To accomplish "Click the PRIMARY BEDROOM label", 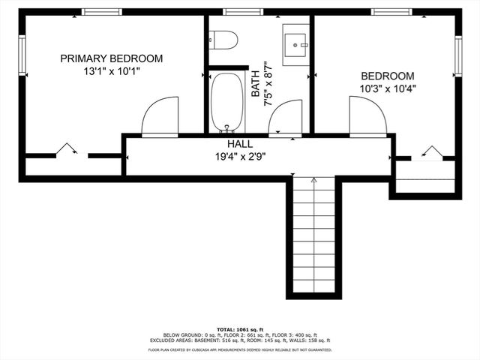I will point(111,58).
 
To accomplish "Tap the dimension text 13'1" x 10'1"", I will point(111,73).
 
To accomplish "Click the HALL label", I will point(240,144).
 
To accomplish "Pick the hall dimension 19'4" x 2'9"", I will point(240,157).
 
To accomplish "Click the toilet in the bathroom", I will point(223,39).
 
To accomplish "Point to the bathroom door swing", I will point(285,120).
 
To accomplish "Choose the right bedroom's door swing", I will point(367,117).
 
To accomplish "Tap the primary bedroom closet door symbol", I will point(69,150).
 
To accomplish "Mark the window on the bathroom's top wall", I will point(242,12).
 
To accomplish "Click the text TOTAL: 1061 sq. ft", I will point(240,329).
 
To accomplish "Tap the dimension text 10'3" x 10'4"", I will point(388,88).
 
